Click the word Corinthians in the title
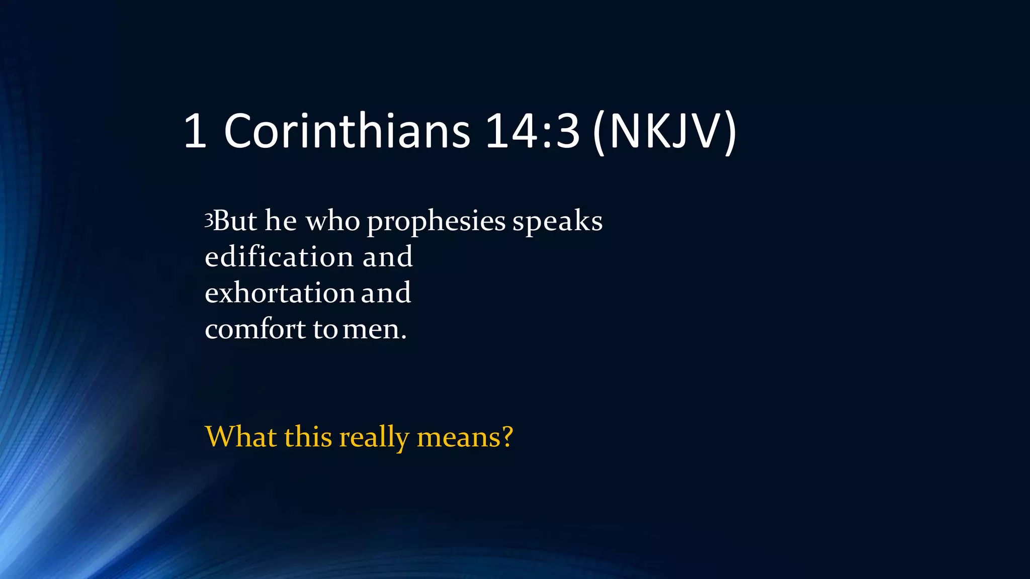coord(347,131)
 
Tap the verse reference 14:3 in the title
coord(533,131)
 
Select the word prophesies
coord(436,222)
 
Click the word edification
coord(280,257)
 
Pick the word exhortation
coord(280,293)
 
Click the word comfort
coord(255,330)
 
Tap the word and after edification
coord(387,257)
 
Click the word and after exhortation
coord(386,293)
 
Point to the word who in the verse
coord(332,221)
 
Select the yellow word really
coord(374,437)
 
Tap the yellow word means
coord(459,437)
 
